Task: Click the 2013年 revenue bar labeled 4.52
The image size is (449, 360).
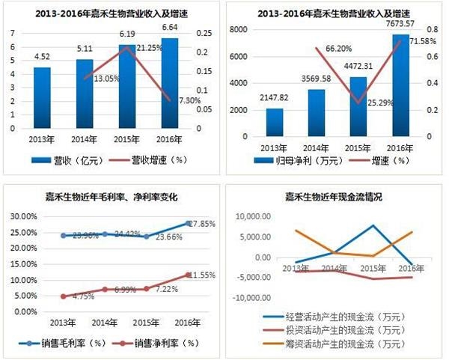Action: click(x=42, y=98)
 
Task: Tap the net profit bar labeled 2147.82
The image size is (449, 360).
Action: click(x=275, y=123)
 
